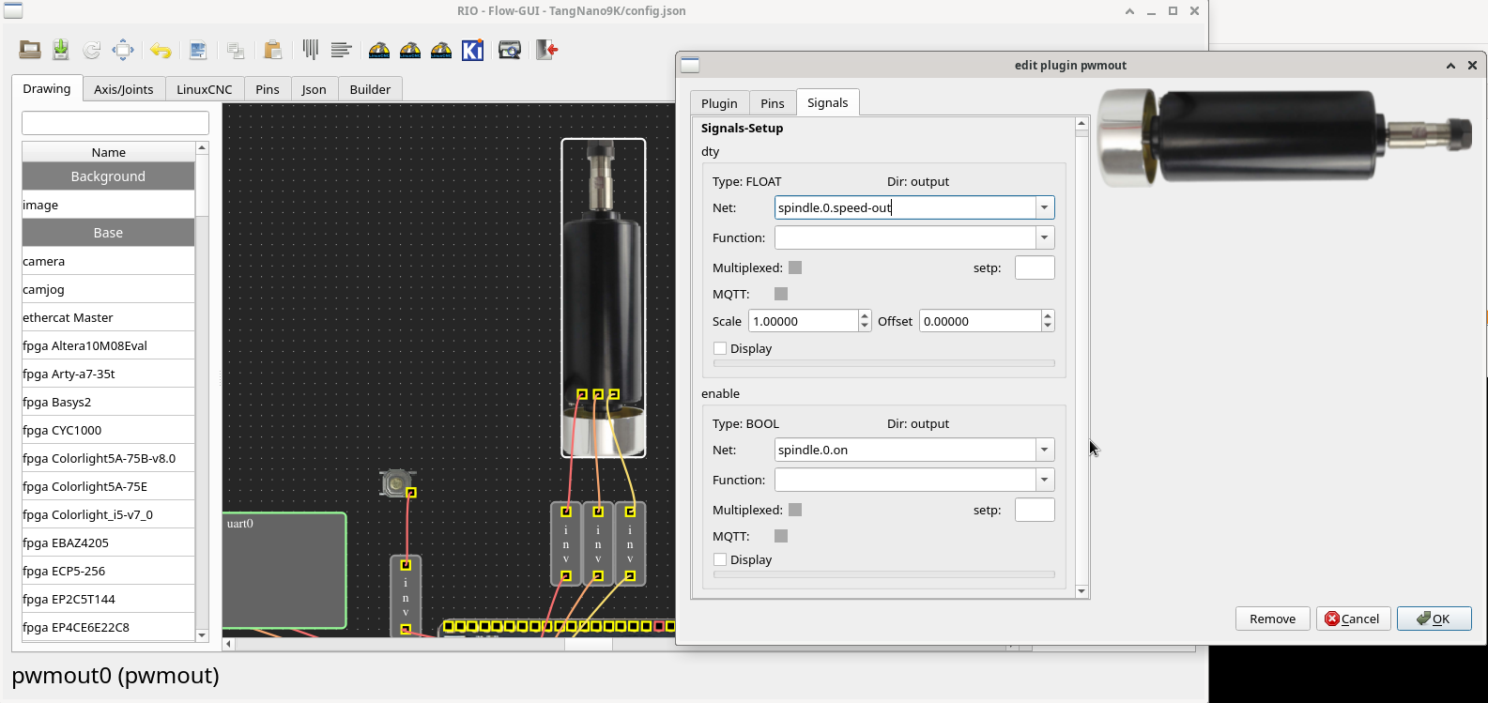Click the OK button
click(x=1434, y=619)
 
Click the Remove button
click(x=1272, y=619)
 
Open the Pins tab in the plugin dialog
click(x=772, y=103)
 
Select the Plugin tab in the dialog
click(x=719, y=103)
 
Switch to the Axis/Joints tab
click(x=124, y=89)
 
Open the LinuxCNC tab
click(x=205, y=89)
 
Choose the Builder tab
click(x=370, y=89)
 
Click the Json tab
click(x=314, y=89)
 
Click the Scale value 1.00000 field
click(x=803, y=321)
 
